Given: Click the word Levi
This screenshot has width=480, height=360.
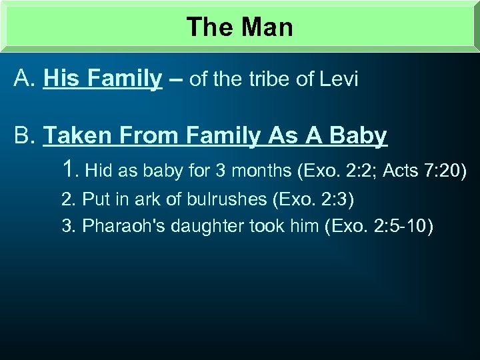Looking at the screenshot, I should (x=339, y=80).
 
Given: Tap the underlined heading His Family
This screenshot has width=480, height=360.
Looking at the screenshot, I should (x=103, y=80).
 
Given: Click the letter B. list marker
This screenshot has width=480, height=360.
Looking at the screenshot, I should (x=25, y=136).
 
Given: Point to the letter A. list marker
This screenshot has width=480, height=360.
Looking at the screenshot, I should (x=25, y=80).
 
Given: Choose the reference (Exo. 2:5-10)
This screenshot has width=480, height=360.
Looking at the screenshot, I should (x=379, y=227).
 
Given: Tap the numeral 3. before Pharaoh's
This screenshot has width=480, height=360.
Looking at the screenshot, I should (x=69, y=227).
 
